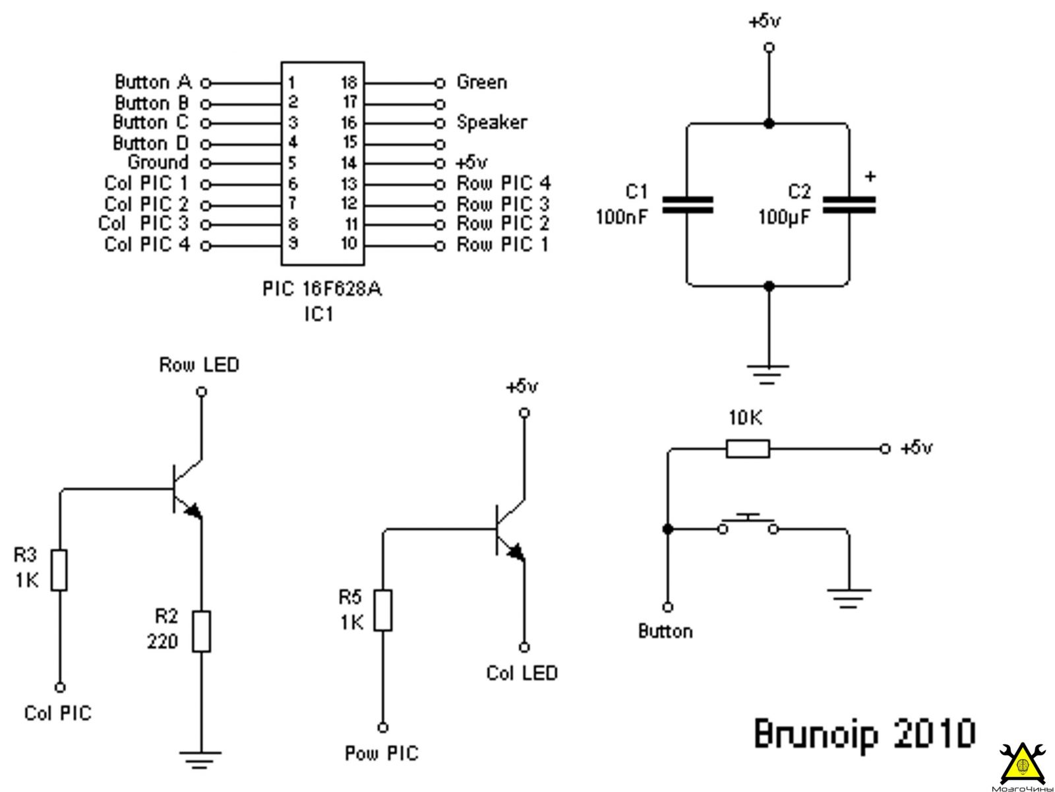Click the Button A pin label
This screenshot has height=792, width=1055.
pos(153,82)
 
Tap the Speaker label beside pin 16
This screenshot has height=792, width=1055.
pos(491,123)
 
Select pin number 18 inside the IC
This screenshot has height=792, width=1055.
pos(349,82)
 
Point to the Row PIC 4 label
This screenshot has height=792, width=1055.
pos(503,183)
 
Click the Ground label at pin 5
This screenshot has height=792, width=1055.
pos(158,162)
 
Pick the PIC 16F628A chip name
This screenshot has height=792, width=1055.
pos(322,289)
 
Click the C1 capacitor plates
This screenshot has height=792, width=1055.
pos(687,205)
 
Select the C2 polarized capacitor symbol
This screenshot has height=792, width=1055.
pos(849,205)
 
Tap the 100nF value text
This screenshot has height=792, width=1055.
pos(622,217)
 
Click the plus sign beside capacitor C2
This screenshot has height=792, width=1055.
pos(870,176)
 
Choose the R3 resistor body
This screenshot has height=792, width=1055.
pos(59,570)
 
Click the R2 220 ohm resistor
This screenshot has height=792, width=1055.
pos(201,632)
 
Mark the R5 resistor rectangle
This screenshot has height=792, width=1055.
pos(382,610)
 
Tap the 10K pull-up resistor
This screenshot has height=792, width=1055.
pos(747,449)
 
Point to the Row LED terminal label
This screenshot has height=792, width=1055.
pos(199,365)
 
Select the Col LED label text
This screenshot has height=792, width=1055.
pos(522,673)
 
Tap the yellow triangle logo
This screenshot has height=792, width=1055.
pos(1022,764)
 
